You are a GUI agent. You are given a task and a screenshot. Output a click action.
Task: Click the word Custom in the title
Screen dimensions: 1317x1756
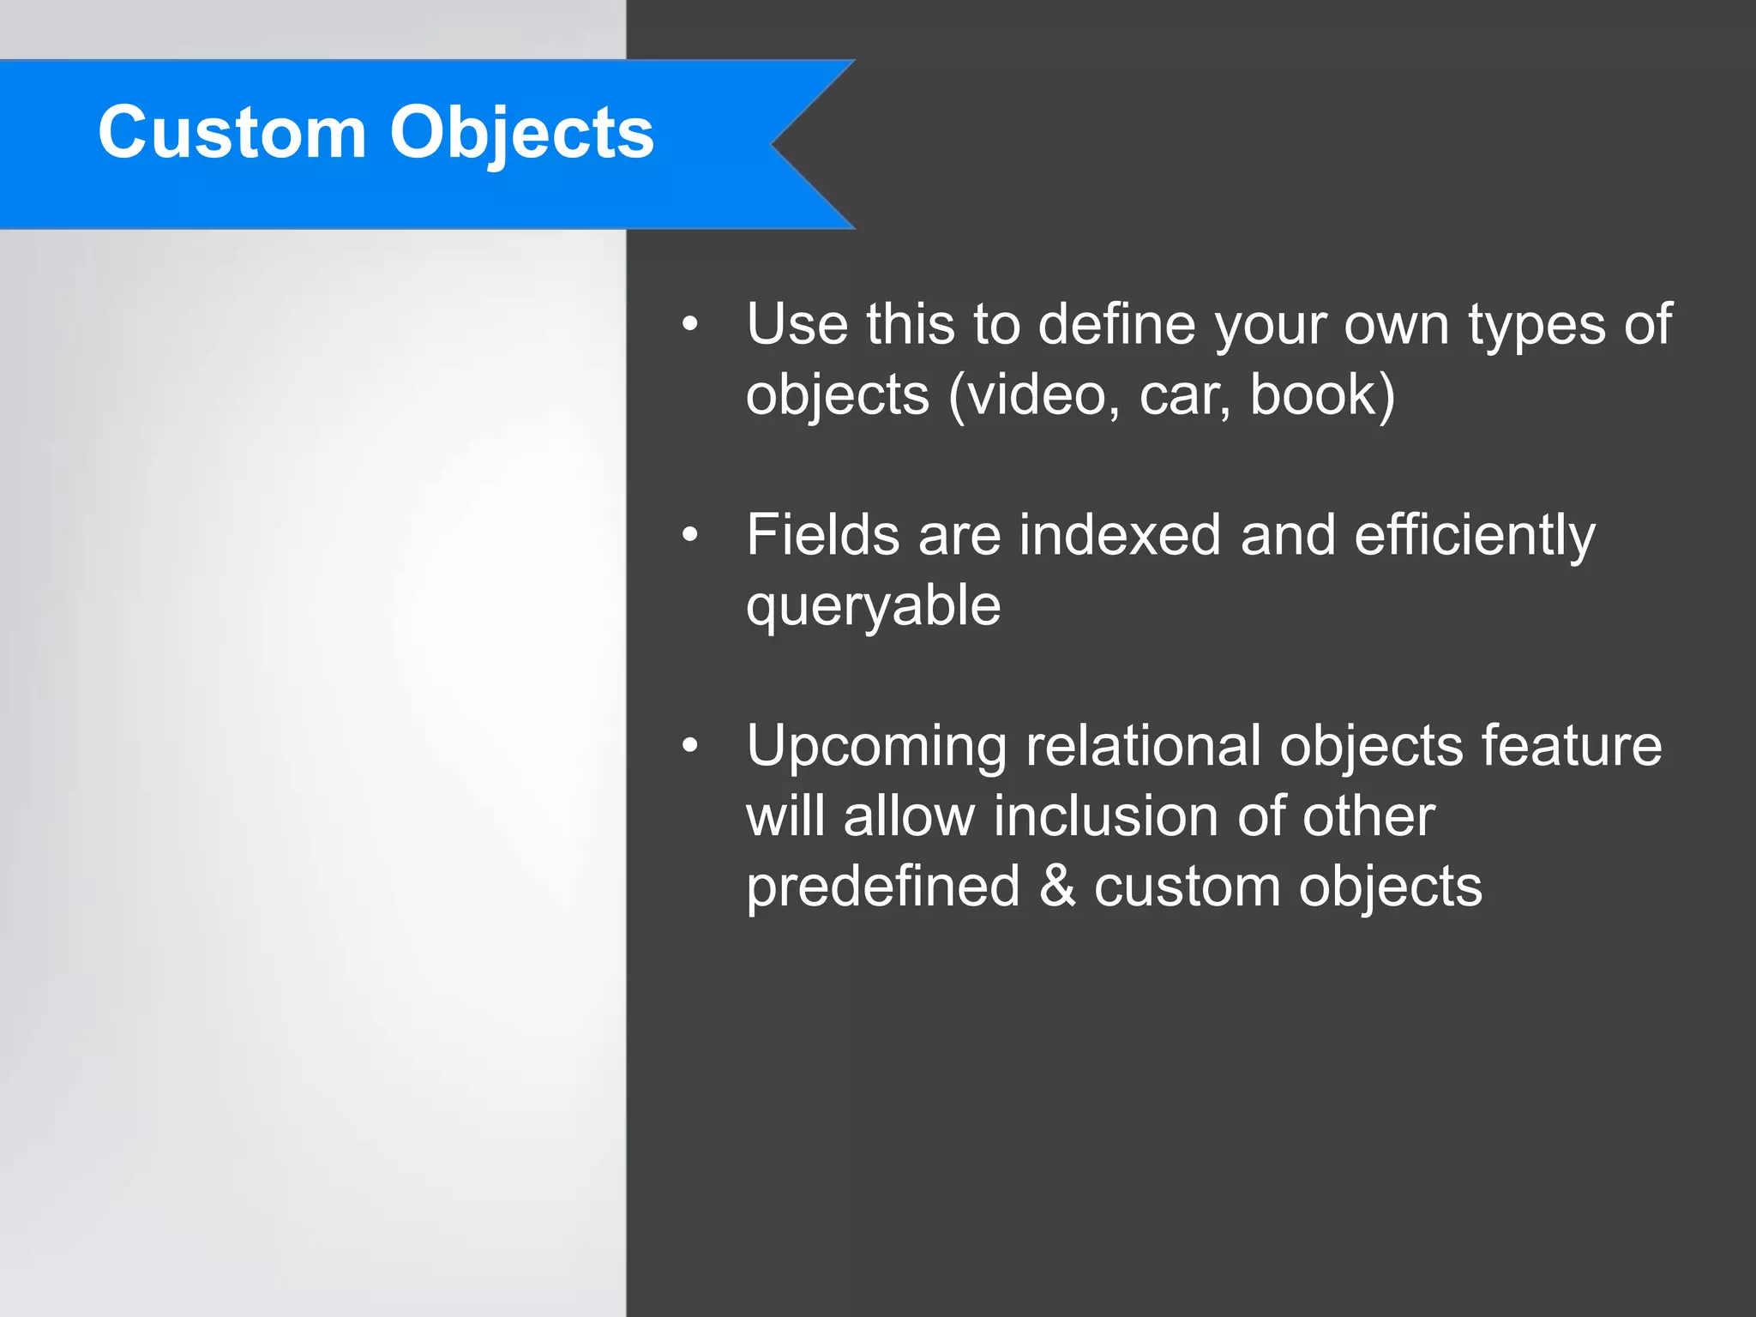click(232, 133)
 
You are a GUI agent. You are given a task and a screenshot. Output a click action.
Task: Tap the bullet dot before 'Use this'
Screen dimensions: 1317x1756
click(690, 325)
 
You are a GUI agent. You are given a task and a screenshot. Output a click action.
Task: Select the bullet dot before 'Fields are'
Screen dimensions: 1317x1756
click(690, 535)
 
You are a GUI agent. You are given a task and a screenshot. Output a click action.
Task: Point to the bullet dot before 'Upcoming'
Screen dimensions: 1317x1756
click(690, 746)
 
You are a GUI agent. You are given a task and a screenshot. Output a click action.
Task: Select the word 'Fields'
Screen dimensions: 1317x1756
click(822, 535)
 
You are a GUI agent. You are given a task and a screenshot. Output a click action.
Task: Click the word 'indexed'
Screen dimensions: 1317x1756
click(1120, 535)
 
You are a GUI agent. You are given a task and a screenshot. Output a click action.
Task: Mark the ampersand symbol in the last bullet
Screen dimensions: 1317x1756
click(1057, 886)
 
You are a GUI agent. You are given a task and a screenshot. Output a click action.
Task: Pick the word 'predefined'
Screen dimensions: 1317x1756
click(882, 887)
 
